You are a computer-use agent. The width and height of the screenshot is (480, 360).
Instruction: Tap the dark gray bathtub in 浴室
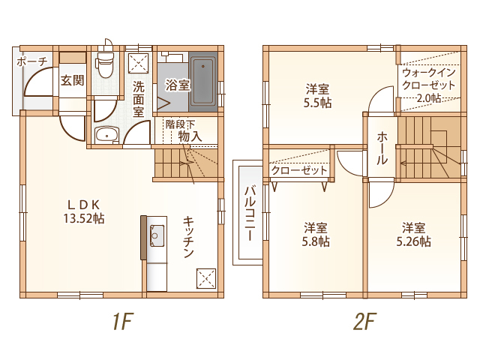tap(203, 82)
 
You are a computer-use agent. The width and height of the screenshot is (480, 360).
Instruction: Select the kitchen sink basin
tap(157, 235)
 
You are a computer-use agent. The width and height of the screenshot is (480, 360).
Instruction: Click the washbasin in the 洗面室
tap(106, 135)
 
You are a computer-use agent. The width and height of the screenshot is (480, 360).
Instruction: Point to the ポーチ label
tap(32, 61)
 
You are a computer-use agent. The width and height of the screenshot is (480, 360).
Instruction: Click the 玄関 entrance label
tap(72, 80)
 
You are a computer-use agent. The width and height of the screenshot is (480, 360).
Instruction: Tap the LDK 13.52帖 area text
tap(84, 211)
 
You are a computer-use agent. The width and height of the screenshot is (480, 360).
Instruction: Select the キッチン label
tap(188, 237)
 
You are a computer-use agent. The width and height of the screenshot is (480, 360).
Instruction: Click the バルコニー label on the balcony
tap(250, 214)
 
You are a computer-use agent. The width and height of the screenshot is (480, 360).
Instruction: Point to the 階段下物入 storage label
tap(184, 130)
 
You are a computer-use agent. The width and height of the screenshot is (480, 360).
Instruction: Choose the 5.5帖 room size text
tap(317, 103)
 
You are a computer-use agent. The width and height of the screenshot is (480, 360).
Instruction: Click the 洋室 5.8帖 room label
tap(316, 235)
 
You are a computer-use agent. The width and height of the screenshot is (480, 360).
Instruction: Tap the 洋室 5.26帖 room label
tap(413, 235)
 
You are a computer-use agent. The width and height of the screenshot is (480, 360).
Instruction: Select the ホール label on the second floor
tap(382, 148)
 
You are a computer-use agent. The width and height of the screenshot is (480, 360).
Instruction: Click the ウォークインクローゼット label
tap(428, 79)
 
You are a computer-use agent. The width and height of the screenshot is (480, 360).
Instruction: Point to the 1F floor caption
tap(123, 322)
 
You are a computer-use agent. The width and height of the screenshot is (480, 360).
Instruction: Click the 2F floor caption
tap(364, 322)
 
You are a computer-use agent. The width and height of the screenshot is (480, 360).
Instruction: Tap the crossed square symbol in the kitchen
tap(205, 278)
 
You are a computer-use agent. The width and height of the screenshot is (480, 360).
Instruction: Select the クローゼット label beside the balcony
tap(299, 170)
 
